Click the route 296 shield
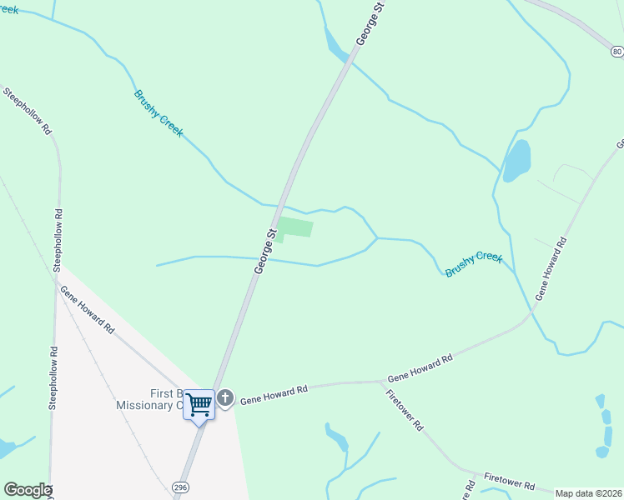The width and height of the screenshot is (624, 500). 180,486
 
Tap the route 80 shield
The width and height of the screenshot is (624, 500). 616,52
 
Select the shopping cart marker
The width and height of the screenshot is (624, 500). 199,406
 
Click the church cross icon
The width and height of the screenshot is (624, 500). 225,399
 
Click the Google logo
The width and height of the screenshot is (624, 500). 28,490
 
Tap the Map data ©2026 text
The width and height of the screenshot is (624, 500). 588,493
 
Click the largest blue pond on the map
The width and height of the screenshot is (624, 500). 516,160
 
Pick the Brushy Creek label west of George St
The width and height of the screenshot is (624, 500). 159,113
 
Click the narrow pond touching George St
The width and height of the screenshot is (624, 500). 336,46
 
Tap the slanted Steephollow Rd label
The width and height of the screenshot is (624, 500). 28,111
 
